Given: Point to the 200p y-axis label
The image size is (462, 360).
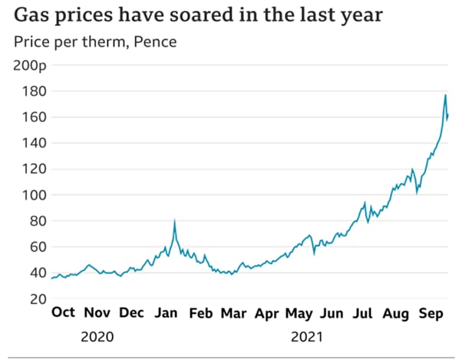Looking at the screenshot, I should [x=31, y=65].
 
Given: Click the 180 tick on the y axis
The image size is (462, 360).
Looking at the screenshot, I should [x=37, y=91].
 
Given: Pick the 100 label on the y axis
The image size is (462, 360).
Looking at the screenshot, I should [x=37, y=195].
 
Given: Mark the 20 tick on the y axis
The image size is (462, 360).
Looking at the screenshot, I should [x=40, y=299].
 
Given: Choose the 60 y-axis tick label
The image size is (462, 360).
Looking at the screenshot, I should [x=40, y=246].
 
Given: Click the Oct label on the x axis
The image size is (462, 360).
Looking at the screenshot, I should [x=64, y=313].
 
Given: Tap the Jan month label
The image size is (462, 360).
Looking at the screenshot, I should [x=166, y=313].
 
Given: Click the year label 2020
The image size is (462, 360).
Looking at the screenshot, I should [x=97, y=336].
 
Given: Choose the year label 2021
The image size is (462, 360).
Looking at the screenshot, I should [x=307, y=336].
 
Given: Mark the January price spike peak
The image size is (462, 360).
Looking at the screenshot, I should [x=175, y=222].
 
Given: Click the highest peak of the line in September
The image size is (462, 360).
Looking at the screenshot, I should [x=445, y=95].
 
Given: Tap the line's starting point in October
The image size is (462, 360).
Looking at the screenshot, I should [x=51, y=278].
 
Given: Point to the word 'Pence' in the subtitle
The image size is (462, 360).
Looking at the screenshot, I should [x=155, y=41].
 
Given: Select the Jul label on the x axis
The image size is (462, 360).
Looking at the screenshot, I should [x=363, y=313].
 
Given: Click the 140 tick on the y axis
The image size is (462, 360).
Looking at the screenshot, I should [x=37, y=143].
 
